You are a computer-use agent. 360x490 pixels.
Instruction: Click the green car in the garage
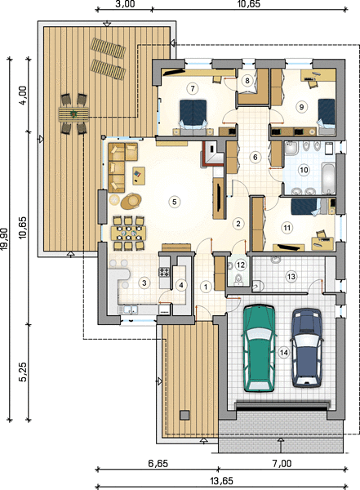tap(259, 348)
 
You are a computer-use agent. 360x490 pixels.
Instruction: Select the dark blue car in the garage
tap(307, 348)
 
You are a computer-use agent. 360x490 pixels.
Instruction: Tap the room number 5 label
tap(175, 202)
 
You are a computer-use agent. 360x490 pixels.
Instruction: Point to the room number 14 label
tap(284, 353)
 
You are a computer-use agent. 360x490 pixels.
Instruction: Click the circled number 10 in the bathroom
tap(304, 170)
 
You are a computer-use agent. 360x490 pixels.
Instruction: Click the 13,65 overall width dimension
tap(221, 481)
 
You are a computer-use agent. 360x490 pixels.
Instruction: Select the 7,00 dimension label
tap(282, 463)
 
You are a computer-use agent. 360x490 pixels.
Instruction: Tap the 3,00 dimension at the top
tap(125, 4)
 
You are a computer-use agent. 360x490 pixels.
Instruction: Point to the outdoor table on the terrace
tap(73, 114)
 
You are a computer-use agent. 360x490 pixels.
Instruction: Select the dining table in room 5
tap(128, 233)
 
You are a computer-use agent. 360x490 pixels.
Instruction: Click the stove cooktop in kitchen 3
tap(164, 272)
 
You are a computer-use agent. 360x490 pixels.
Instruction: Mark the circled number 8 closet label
tap(247, 81)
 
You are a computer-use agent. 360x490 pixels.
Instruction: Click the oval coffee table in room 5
tap(131, 201)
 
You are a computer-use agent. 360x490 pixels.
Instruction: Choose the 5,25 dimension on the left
tap(23, 372)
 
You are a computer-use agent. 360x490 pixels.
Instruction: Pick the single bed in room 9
tap(327, 116)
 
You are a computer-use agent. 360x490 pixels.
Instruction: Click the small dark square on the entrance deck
tap(184, 415)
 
